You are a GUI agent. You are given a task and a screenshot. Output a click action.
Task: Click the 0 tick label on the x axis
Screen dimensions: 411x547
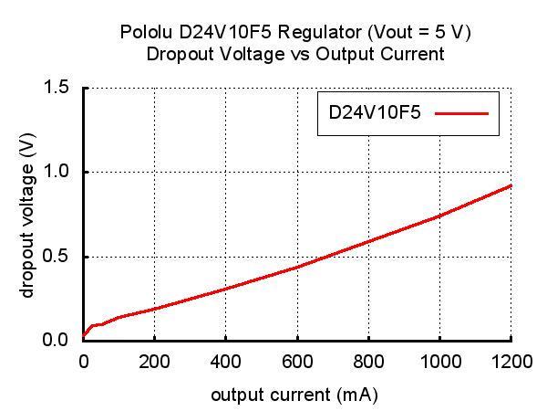(x=84, y=361)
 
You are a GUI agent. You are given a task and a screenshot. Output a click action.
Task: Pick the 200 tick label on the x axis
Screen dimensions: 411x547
(x=155, y=361)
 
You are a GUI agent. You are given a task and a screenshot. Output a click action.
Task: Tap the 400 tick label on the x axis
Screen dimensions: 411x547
(x=226, y=361)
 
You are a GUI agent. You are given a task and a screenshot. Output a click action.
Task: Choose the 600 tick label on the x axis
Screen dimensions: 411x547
(x=297, y=361)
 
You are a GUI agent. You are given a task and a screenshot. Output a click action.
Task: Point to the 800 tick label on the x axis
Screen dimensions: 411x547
(x=368, y=361)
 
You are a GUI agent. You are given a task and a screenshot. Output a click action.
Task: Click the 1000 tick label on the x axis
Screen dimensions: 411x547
(x=439, y=361)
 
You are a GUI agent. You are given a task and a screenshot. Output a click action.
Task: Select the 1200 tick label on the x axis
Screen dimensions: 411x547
(x=511, y=361)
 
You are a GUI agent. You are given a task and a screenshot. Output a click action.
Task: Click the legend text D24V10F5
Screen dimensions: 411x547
(x=375, y=114)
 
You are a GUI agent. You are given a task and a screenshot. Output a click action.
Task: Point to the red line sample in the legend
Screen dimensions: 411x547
(x=462, y=114)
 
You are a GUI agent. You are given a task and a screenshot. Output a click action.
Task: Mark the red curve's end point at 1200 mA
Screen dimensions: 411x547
(x=511, y=185)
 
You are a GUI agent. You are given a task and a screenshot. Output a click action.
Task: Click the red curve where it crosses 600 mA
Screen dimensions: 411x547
(x=297, y=267)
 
